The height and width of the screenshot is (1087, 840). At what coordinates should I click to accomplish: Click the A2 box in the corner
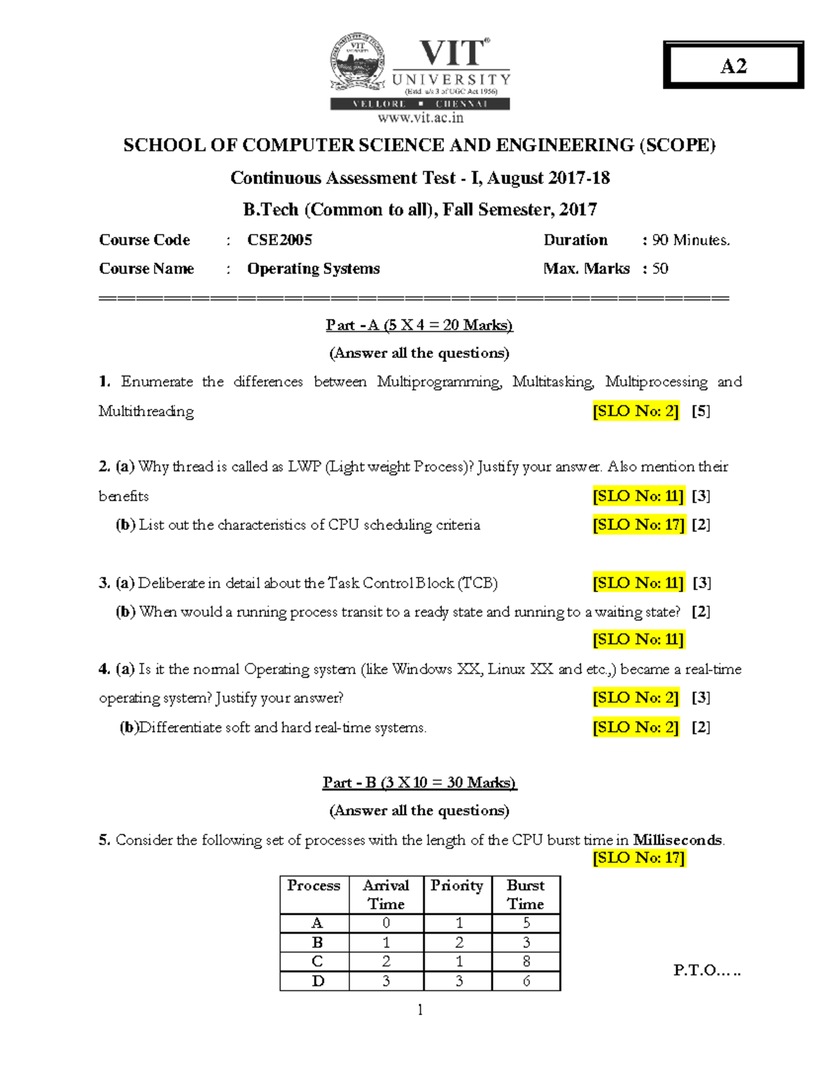click(733, 65)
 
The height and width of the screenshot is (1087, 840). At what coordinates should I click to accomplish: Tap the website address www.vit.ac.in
click(420, 118)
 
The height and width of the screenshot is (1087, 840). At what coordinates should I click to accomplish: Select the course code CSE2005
click(279, 240)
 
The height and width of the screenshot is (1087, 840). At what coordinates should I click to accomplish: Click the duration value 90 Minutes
click(691, 240)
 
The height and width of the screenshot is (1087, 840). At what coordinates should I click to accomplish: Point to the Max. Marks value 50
click(660, 269)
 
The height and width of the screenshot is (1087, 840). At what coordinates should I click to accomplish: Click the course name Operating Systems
click(313, 269)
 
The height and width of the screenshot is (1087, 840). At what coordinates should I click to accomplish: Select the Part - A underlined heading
click(419, 325)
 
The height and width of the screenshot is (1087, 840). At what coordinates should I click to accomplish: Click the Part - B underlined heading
click(419, 783)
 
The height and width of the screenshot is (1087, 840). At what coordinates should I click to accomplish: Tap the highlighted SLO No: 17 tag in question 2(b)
click(638, 525)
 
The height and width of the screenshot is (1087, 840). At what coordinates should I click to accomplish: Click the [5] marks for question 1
click(701, 411)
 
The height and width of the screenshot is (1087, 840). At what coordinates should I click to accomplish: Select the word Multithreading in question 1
click(146, 411)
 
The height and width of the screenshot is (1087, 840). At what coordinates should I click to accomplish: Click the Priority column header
click(457, 885)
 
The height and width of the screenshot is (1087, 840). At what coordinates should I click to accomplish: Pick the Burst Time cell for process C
click(526, 961)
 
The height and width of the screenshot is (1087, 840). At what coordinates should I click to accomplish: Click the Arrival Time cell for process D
click(386, 981)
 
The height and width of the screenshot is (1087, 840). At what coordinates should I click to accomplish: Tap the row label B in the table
click(317, 942)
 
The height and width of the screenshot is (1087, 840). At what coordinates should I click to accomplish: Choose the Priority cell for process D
click(458, 981)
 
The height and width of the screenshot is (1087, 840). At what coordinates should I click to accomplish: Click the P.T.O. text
click(706, 970)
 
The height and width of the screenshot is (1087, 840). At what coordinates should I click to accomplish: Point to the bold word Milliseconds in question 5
click(677, 840)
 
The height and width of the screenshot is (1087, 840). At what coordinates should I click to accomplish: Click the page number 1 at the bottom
click(420, 1009)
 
